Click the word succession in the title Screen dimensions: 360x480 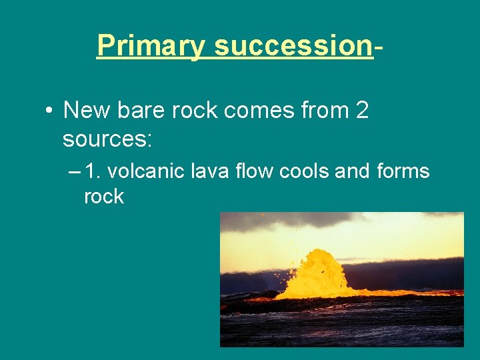click(x=293, y=46)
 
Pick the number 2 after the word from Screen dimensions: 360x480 click(x=362, y=111)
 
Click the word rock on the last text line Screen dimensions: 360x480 click(x=103, y=196)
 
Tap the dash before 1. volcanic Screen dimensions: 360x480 click(x=73, y=171)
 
